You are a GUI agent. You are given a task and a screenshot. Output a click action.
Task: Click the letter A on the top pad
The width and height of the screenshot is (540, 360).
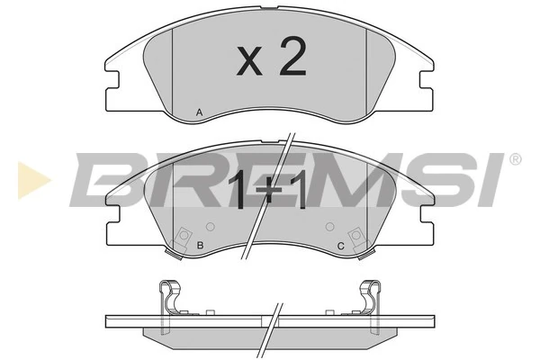[199, 112]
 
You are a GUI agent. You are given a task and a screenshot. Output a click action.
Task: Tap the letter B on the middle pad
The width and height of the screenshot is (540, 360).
[200, 246]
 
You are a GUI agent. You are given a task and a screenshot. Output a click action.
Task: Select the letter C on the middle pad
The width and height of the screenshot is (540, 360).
[340, 246]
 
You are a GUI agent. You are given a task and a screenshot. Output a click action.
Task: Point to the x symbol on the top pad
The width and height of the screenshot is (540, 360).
[249, 61]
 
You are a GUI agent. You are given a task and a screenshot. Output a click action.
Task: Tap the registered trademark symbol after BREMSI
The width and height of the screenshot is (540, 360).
[515, 159]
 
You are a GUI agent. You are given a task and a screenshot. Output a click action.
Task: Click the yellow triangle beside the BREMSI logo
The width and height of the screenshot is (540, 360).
[34, 180]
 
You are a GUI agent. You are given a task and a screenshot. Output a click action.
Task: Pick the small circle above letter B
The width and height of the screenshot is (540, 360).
[210, 227]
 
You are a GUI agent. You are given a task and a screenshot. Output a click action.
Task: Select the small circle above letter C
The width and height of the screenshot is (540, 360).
[330, 226]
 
